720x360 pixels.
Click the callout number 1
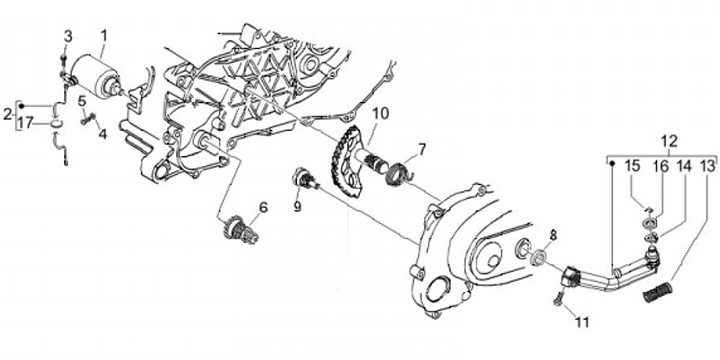(104, 35)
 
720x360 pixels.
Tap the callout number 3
(68, 37)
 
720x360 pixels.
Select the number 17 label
(26, 123)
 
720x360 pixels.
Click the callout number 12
(669, 141)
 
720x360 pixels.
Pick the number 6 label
(263, 208)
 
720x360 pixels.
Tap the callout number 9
(298, 207)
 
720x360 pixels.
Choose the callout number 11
(582, 322)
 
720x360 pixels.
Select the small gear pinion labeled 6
(240, 229)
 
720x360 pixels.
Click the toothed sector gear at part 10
(345, 162)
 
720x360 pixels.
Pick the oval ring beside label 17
(54, 123)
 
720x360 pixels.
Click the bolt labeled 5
(87, 119)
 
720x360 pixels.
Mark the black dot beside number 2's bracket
(21, 106)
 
